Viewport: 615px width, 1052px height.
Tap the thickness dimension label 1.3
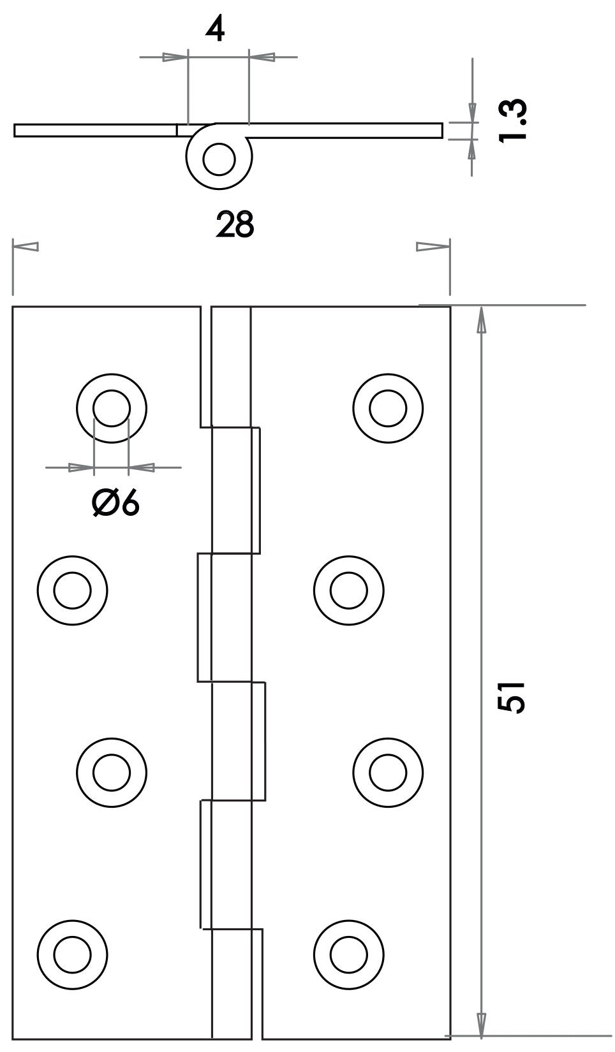[x=512, y=121]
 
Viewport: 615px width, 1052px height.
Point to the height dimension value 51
[x=512, y=698]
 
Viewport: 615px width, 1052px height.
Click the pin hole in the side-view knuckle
[x=219, y=159]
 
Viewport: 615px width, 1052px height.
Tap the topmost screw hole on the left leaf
[x=112, y=408]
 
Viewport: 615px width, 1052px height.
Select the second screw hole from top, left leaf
[x=72, y=590]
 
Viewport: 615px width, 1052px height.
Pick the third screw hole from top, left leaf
[x=112, y=773]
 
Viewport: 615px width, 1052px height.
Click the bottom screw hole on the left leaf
[x=72, y=955]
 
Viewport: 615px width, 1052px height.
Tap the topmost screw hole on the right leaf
[x=388, y=408]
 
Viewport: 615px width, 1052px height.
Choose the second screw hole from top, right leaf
[x=348, y=590]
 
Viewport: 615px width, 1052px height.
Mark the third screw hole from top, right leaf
[x=388, y=773]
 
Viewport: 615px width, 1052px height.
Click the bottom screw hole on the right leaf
[x=348, y=955]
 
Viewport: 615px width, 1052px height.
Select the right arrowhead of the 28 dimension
[x=433, y=247]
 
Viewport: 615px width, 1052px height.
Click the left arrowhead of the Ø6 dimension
[x=81, y=467]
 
